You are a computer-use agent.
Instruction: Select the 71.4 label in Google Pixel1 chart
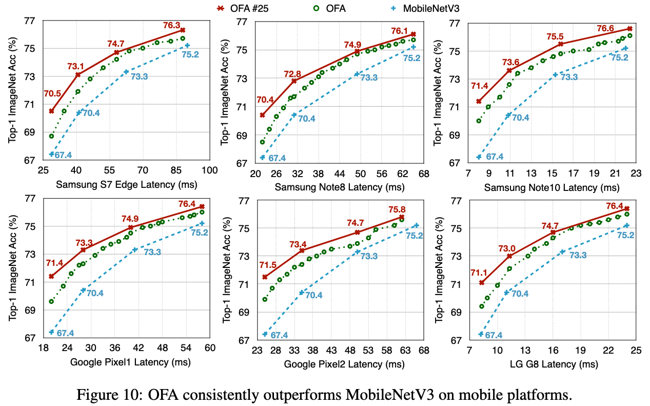pyautogui.click(x=54, y=263)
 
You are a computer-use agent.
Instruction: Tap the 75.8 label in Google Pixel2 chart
pyautogui.click(x=397, y=209)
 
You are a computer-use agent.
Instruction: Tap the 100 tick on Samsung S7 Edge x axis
pyautogui.click(x=209, y=170)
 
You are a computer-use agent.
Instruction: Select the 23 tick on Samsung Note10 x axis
pyautogui.click(x=635, y=175)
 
